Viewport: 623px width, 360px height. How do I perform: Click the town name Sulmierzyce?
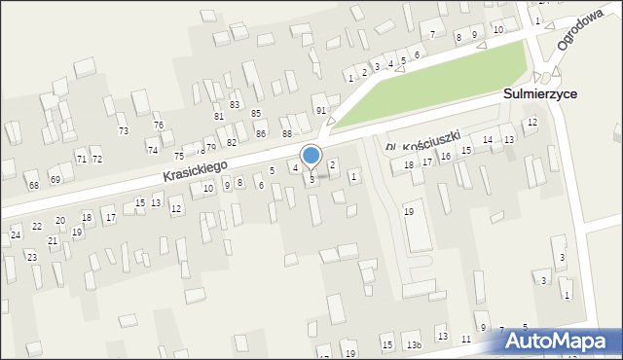coord(540,93)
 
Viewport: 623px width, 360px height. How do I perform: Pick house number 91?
coord(321,111)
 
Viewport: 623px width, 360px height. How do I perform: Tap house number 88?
coord(286,133)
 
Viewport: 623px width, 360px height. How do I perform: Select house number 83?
coord(234,104)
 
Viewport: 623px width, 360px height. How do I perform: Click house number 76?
coord(158,126)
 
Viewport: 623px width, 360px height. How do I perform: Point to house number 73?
coord(123,130)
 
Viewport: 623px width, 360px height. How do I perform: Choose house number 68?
coord(33,185)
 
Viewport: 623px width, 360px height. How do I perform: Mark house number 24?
coord(15,235)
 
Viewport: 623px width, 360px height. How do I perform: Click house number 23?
coord(31,257)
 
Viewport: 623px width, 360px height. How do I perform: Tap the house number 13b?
coord(414,345)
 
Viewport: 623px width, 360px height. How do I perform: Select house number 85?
coord(256,113)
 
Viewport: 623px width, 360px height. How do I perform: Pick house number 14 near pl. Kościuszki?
coord(487,140)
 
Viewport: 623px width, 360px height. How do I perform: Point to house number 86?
coord(260,133)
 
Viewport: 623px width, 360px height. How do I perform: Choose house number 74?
coord(152,150)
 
